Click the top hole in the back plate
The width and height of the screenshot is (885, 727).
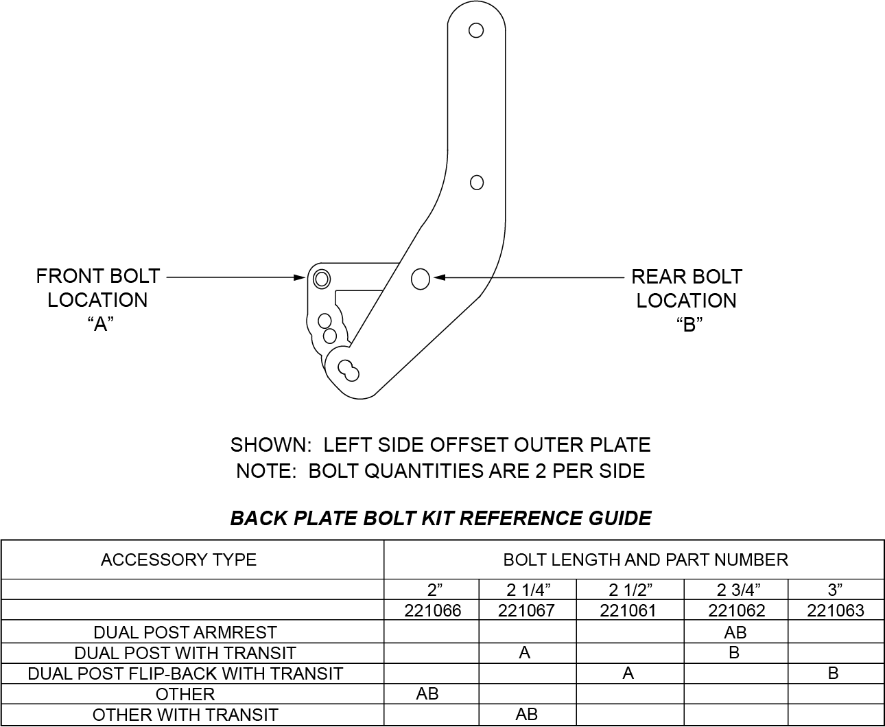[x=476, y=30]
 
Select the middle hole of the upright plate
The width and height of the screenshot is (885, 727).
[x=477, y=183]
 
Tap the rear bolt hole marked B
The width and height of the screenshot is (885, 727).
[x=421, y=279]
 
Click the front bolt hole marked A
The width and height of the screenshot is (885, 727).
[x=322, y=279]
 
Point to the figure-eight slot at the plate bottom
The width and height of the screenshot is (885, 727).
[x=349, y=371]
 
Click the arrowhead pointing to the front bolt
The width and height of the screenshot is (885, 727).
[x=299, y=277]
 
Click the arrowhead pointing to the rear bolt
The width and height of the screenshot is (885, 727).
[x=440, y=277]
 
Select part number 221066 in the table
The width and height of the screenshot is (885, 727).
[x=433, y=610]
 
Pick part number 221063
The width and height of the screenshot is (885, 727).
[x=836, y=610]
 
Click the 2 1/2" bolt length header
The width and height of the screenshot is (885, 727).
[x=630, y=590]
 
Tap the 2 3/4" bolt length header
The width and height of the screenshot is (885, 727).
[x=739, y=590]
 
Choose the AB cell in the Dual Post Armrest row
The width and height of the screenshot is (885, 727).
[x=735, y=632]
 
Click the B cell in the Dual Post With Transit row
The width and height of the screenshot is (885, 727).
[x=734, y=653]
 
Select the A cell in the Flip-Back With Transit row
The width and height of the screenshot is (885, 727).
[x=628, y=673]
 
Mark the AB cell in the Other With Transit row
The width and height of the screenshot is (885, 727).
[x=527, y=714]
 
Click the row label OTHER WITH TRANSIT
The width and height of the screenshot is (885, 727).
[x=185, y=715]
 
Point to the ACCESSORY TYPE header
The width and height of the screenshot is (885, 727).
[x=179, y=560]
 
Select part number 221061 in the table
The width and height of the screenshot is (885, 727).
[x=628, y=610]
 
